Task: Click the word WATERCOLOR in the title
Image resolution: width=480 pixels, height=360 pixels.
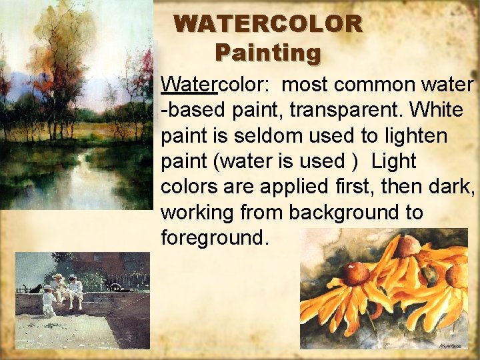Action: tap(268, 25)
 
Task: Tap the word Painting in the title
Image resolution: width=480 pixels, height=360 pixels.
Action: tap(268, 52)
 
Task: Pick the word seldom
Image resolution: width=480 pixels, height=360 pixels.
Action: tap(258, 135)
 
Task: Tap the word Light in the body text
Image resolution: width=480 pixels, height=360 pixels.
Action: tap(394, 161)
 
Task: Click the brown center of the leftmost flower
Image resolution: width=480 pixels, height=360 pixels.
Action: tap(356, 273)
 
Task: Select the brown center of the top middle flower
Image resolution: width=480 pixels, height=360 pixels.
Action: tap(407, 246)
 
